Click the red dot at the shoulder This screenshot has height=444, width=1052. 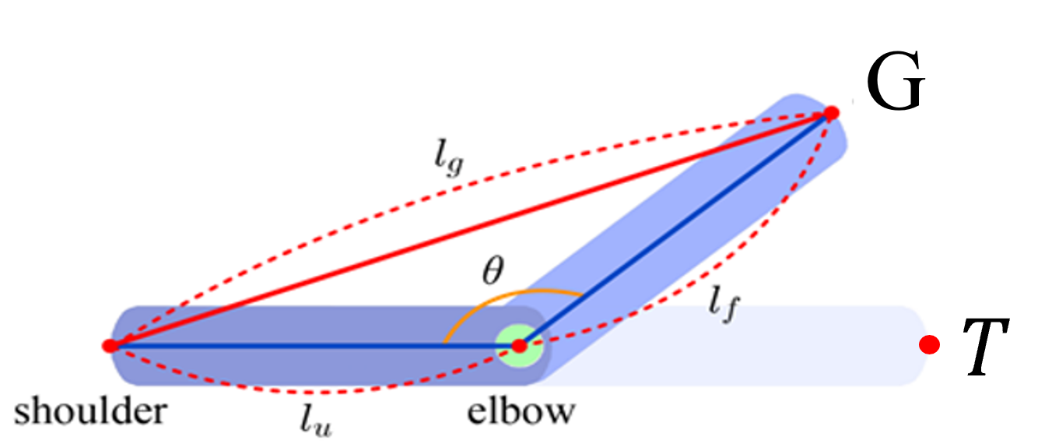110,344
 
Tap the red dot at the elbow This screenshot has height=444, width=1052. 520,344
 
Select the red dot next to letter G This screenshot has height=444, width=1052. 831,114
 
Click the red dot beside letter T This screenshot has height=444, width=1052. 928,344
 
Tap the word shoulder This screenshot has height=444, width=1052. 90,411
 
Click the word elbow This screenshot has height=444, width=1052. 521,411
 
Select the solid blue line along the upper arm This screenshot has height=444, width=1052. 311,344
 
